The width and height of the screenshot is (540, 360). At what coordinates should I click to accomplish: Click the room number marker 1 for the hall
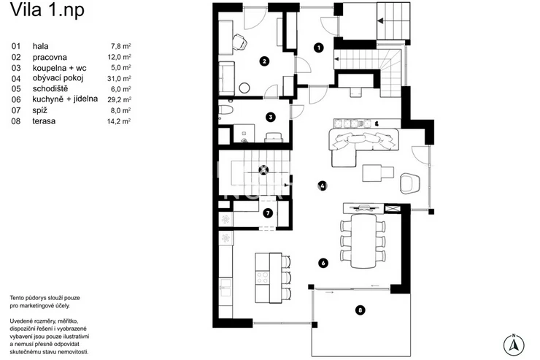pyautogui.click(x=319, y=47)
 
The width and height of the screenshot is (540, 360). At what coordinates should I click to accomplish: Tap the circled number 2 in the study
pyautogui.click(x=264, y=61)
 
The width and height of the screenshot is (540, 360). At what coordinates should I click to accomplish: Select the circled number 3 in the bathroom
pyautogui.click(x=271, y=117)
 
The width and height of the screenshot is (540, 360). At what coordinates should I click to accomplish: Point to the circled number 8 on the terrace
pyautogui.click(x=360, y=310)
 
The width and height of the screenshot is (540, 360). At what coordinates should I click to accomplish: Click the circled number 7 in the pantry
pyautogui.click(x=268, y=213)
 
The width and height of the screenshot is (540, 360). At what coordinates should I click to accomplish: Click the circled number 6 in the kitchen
pyautogui.click(x=323, y=263)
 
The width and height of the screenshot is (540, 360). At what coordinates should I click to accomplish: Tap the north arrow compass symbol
pyautogui.click(x=514, y=345)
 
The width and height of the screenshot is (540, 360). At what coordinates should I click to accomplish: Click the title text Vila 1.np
pyautogui.click(x=47, y=10)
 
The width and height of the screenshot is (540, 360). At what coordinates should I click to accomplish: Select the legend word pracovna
pyautogui.click(x=50, y=57)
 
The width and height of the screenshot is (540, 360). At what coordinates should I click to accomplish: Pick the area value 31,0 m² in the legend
pyautogui.click(x=119, y=79)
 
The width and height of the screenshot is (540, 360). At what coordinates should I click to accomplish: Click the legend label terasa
pyautogui.click(x=44, y=121)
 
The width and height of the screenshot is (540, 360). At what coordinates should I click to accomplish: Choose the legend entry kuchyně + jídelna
pyautogui.click(x=65, y=99)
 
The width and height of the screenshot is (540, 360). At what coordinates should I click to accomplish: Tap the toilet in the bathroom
pyautogui.click(x=225, y=110)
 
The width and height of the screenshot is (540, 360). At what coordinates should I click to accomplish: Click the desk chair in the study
pyautogui.click(x=239, y=42)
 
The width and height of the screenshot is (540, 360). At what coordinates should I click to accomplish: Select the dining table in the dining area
pyautogui.click(x=363, y=241)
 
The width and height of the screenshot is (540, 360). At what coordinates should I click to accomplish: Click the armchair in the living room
pyautogui.click(x=410, y=183)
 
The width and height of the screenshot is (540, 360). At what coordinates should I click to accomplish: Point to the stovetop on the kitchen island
pyautogui.click(x=263, y=277)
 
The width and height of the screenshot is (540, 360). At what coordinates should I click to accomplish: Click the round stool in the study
pyautogui.click(x=244, y=88)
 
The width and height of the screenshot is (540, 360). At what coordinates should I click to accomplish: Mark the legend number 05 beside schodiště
pyautogui.click(x=16, y=89)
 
